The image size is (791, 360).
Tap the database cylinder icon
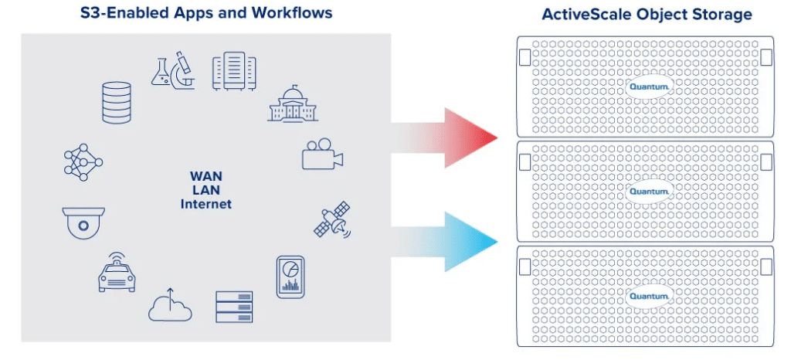click(x=117, y=102)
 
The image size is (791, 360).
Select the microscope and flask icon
click(x=173, y=70)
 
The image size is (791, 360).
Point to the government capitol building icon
click(x=293, y=104)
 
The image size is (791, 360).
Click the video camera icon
click(x=323, y=155)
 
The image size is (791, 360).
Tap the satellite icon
click(x=332, y=219)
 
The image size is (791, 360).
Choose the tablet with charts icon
click(x=290, y=277)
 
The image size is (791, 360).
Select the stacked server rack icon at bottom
click(x=234, y=307)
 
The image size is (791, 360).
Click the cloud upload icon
click(x=170, y=305)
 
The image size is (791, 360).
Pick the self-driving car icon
click(x=117, y=272)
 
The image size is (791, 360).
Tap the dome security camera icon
click(x=83, y=222)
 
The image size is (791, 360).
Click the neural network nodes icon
click(x=83, y=162)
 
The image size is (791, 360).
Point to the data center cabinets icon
click(x=234, y=71)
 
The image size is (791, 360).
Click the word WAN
click(x=205, y=177)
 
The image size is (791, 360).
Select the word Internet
click(x=205, y=204)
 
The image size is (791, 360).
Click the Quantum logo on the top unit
click(x=650, y=87)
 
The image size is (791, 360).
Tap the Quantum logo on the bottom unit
click(x=650, y=296)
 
